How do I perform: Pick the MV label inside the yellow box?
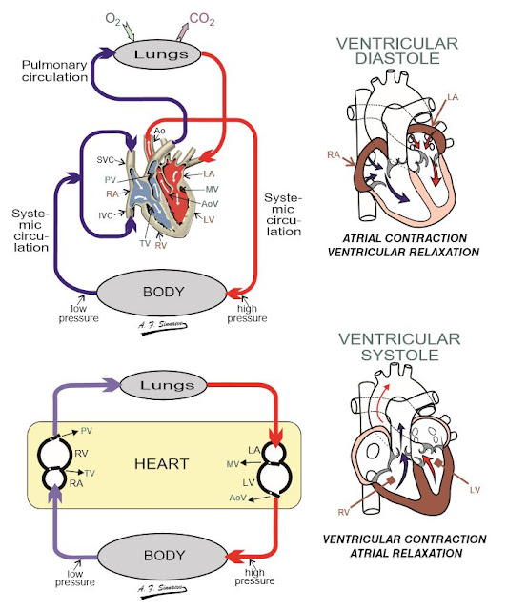point(232,463)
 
